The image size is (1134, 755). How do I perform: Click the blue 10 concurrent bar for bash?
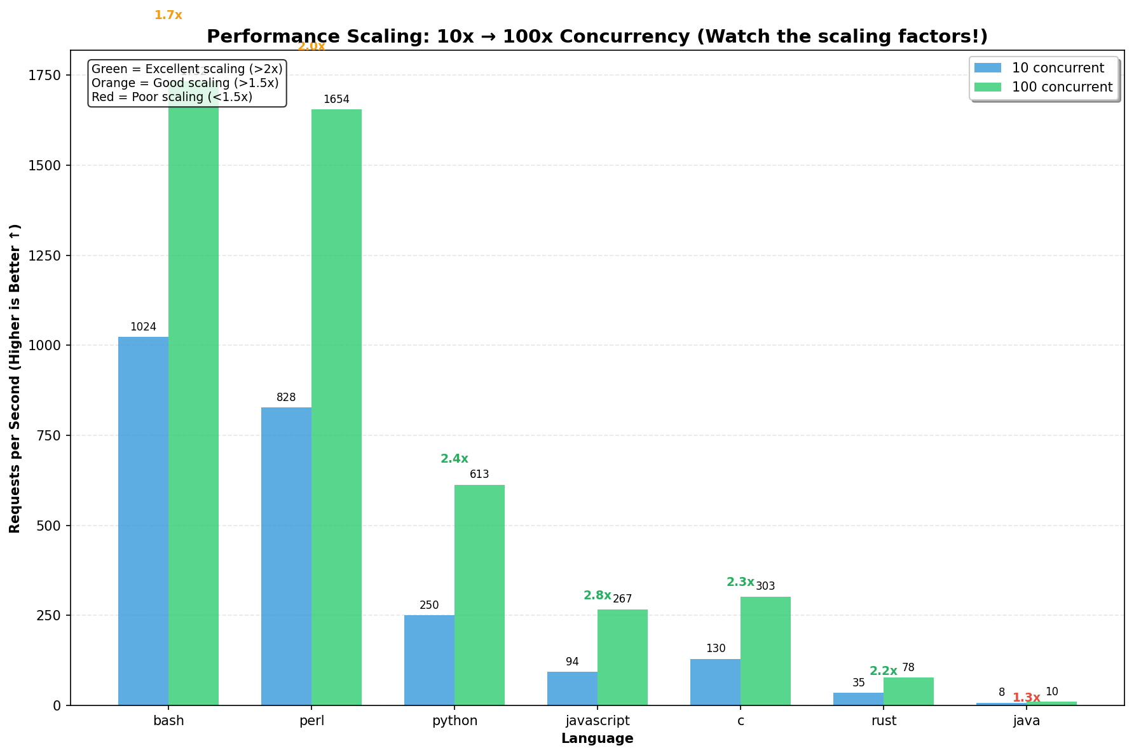[143, 521]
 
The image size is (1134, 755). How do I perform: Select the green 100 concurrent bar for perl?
[336, 407]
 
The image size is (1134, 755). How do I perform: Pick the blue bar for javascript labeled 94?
[572, 689]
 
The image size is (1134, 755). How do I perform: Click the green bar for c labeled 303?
[765, 651]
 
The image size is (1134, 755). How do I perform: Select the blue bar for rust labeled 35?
[858, 699]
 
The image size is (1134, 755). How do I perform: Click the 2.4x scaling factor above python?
[454, 459]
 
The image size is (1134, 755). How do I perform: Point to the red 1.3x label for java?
[1026, 698]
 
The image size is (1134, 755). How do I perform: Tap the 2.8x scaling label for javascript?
[597, 595]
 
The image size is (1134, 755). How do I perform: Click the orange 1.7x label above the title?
[168, 15]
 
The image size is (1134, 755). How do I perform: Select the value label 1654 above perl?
[336, 100]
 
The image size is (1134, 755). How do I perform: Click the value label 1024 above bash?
[143, 327]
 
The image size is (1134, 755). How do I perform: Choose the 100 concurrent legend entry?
[1062, 87]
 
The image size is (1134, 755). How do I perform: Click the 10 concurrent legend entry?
[1058, 68]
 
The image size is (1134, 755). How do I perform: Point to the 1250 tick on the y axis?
[48, 255]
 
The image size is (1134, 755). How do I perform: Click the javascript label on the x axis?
[597, 721]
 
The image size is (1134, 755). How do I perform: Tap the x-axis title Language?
[597, 738]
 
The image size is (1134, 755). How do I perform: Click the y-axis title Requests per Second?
[15, 378]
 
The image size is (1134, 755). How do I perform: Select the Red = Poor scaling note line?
[172, 97]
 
